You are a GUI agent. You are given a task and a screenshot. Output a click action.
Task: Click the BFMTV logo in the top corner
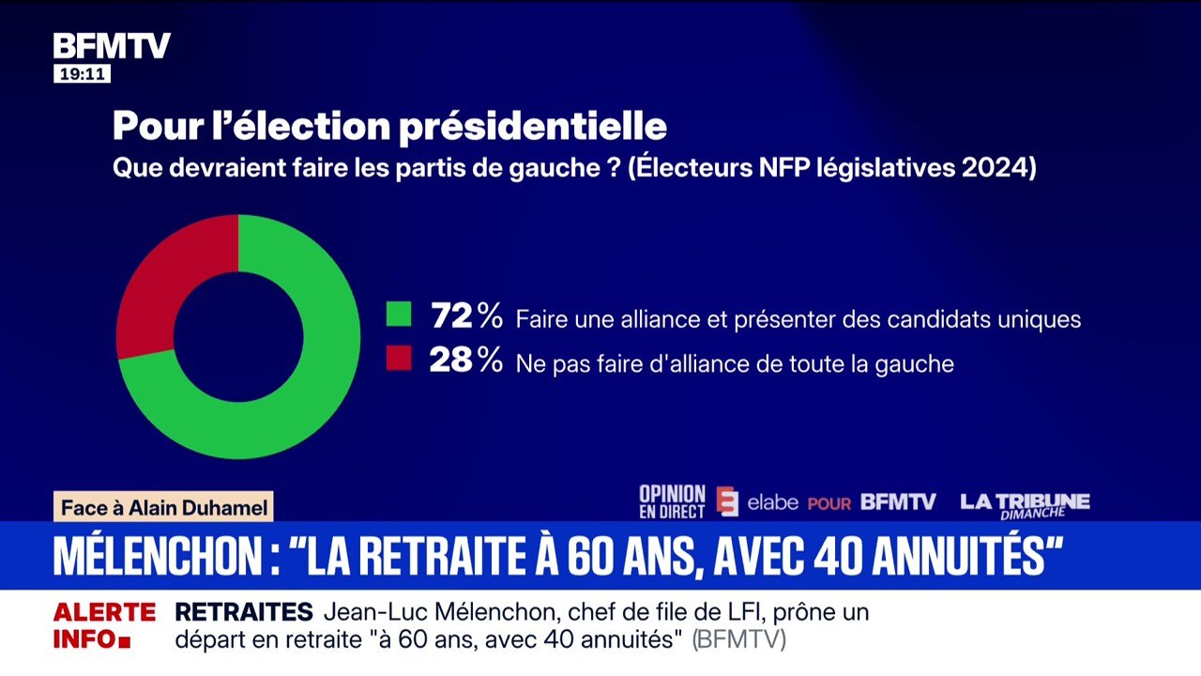coord(111,46)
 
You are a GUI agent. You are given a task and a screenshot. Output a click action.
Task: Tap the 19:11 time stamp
coord(82,74)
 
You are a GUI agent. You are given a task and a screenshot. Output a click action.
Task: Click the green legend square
coord(399,314)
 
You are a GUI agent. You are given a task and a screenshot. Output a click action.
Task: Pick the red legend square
coord(399,358)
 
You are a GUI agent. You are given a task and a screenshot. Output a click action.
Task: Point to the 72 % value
coord(466,316)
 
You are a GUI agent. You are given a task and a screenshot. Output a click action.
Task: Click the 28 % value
coord(466,361)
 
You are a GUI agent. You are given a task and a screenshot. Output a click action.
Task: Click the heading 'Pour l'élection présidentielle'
coord(389,127)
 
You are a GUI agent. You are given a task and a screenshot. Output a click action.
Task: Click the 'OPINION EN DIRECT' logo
coord(672,502)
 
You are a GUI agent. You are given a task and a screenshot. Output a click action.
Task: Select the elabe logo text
coord(772,502)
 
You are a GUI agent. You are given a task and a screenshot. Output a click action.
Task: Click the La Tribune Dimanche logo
coord(1025,504)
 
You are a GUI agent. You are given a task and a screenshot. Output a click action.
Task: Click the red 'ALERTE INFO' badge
coord(103,626)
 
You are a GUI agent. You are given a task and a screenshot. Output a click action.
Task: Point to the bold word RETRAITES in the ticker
coord(244,612)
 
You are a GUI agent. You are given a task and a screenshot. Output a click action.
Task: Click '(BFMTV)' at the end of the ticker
coord(738,640)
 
